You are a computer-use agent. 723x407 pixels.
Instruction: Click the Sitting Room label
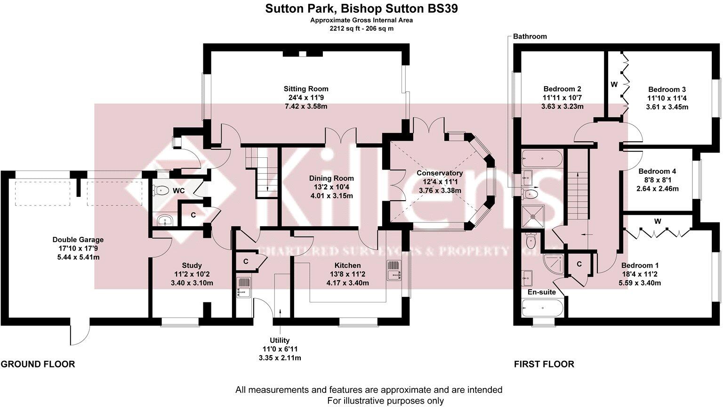305,89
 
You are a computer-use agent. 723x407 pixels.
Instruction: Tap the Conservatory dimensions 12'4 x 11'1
440,182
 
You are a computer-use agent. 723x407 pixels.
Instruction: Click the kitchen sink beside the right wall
393,272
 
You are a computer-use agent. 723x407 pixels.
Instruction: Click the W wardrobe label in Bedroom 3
614,85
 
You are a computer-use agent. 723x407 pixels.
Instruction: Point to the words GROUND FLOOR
38,364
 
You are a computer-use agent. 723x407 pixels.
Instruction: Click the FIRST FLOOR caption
544,364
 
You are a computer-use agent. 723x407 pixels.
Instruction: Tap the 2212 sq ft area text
361,28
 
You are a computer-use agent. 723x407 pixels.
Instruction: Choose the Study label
192,266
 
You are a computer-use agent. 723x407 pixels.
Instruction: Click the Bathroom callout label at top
530,36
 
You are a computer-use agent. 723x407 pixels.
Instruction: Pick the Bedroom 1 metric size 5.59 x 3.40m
641,283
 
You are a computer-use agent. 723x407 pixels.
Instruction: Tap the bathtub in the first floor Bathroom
542,158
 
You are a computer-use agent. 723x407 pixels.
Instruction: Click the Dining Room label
331,178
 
